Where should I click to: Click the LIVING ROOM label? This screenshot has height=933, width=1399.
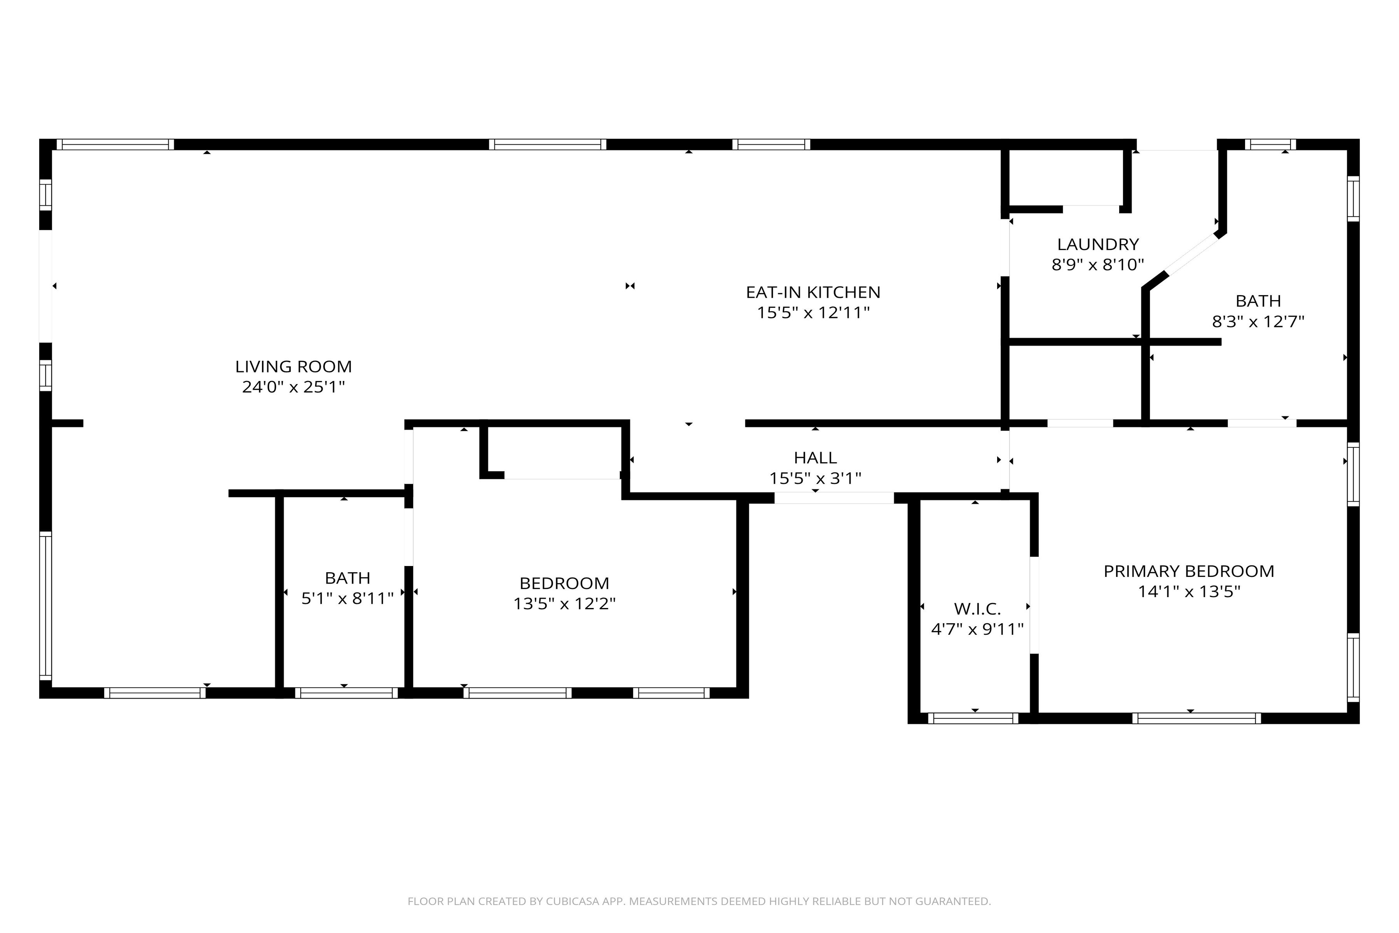click(293, 367)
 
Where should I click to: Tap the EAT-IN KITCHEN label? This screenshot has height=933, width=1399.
click(813, 292)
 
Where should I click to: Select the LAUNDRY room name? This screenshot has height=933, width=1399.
click(1098, 244)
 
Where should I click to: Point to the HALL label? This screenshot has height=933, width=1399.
click(815, 458)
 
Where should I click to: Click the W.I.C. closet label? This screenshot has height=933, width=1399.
click(977, 609)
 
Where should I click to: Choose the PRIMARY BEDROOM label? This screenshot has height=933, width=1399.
click(1189, 571)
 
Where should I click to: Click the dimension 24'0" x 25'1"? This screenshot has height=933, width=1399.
click(293, 387)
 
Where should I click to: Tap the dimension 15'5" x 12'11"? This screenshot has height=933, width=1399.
click(813, 313)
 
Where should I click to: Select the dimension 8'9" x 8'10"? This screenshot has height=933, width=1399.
click(1098, 265)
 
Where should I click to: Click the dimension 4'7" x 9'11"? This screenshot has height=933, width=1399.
click(977, 629)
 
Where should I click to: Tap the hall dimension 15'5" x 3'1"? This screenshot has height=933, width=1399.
click(815, 479)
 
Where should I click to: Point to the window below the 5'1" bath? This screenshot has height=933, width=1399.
click(346, 693)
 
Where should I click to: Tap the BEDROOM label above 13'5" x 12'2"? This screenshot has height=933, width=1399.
click(565, 583)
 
